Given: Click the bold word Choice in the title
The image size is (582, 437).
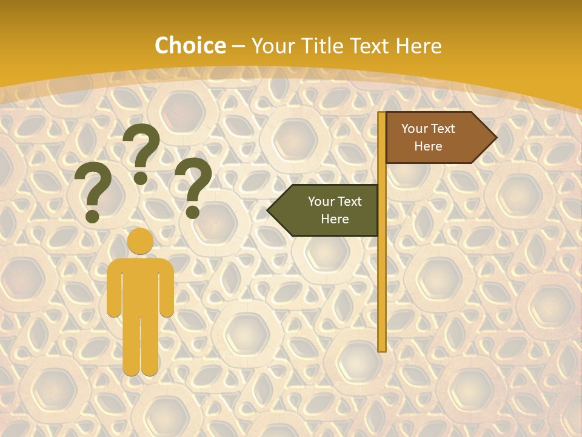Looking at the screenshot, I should pyautogui.click(x=190, y=46).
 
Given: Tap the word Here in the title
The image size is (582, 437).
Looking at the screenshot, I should pyautogui.click(x=418, y=46).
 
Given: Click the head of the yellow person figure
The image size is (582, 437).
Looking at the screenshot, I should pyautogui.click(x=140, y=241).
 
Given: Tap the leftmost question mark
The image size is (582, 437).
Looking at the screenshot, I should pyautogui.click(x=93, y=188).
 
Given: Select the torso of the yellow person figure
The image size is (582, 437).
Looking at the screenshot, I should pyautogui.click(x=140, y=285).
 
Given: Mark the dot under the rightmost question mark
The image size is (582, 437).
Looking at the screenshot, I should pyautogui.click(x=193, y=212).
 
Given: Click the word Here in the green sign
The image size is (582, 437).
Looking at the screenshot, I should pyautogui.click(x=335, y=219).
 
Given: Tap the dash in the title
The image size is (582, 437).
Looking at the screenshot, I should pyautogui.click(x=238, y=46).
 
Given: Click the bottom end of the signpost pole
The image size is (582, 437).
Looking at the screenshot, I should pyautogui.click(x=381, y=348).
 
